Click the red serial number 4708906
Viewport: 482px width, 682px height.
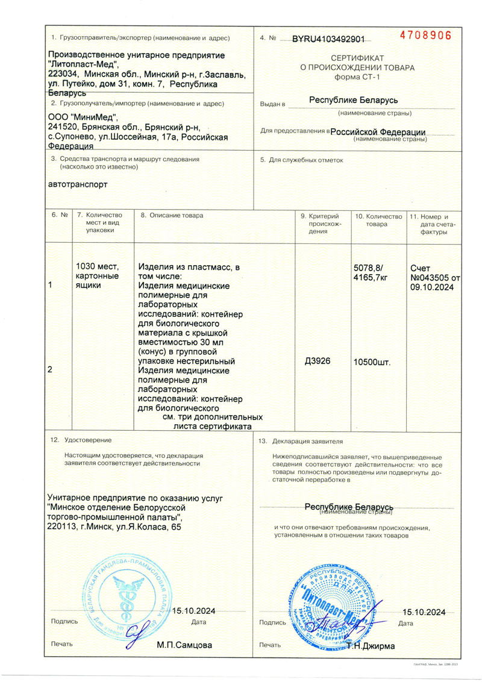point(425,35)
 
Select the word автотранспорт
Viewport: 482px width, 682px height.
point(77,184)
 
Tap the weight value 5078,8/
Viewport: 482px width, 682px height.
point(368,268)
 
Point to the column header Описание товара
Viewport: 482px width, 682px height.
point(176,215)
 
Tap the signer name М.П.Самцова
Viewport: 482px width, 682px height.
point(184,645)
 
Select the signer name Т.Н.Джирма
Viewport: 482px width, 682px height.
point(370,646)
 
